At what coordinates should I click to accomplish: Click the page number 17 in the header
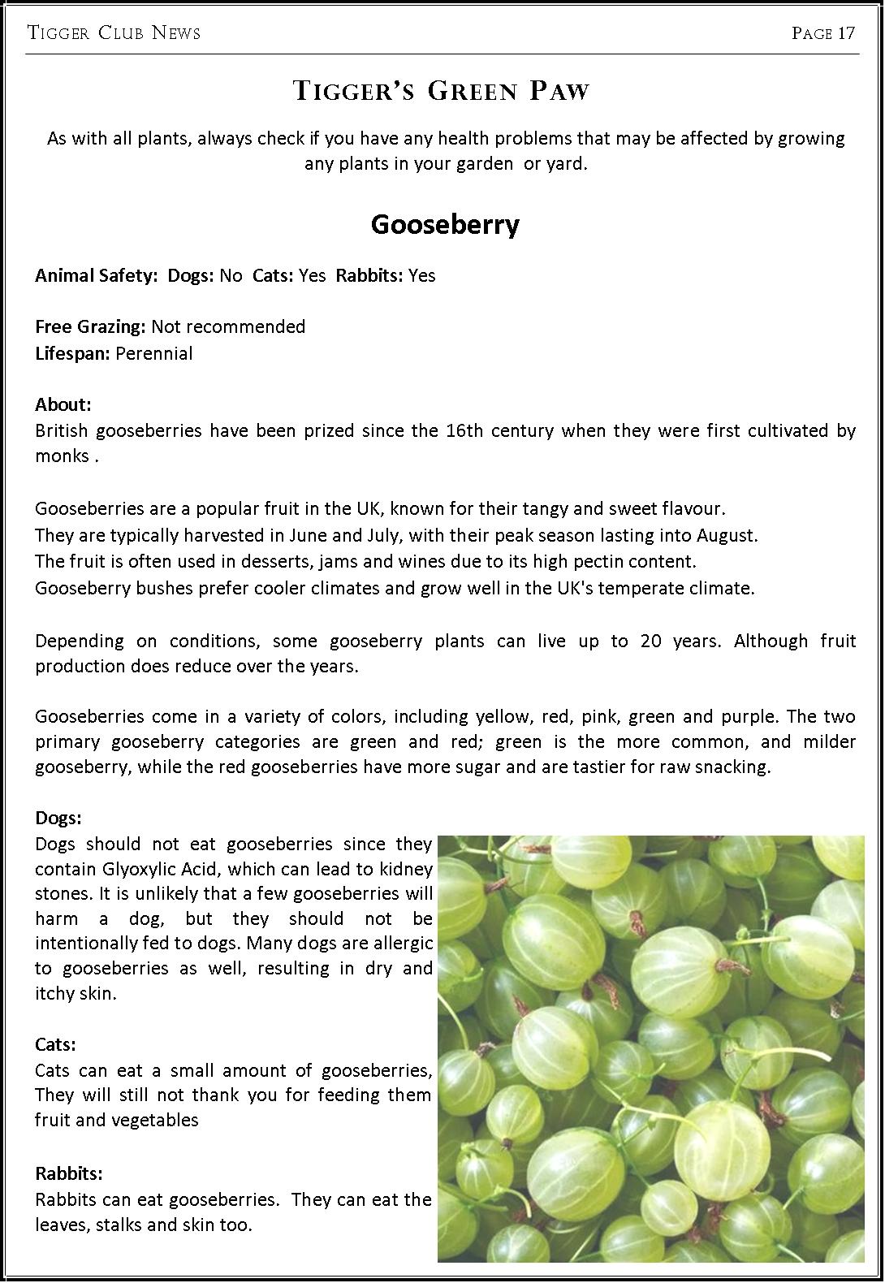[846, 33]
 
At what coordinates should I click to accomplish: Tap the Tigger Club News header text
[114, 33]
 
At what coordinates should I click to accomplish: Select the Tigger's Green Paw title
[441, 90]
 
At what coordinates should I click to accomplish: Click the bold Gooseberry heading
[445, 224]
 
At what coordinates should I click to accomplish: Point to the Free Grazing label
[90, 326]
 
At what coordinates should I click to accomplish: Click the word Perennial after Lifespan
[154, 353]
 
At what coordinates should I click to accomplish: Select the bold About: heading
[63, 404]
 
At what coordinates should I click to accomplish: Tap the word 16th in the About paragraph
[464, 430]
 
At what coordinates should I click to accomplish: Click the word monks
[62, 456]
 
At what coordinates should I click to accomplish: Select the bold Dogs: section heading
[58, 818]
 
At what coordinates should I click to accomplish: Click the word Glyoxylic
[136, 869]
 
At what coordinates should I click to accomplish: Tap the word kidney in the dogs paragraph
[406, 869]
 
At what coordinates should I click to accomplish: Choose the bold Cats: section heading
[55, 1044]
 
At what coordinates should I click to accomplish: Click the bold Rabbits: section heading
[69, 1173]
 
